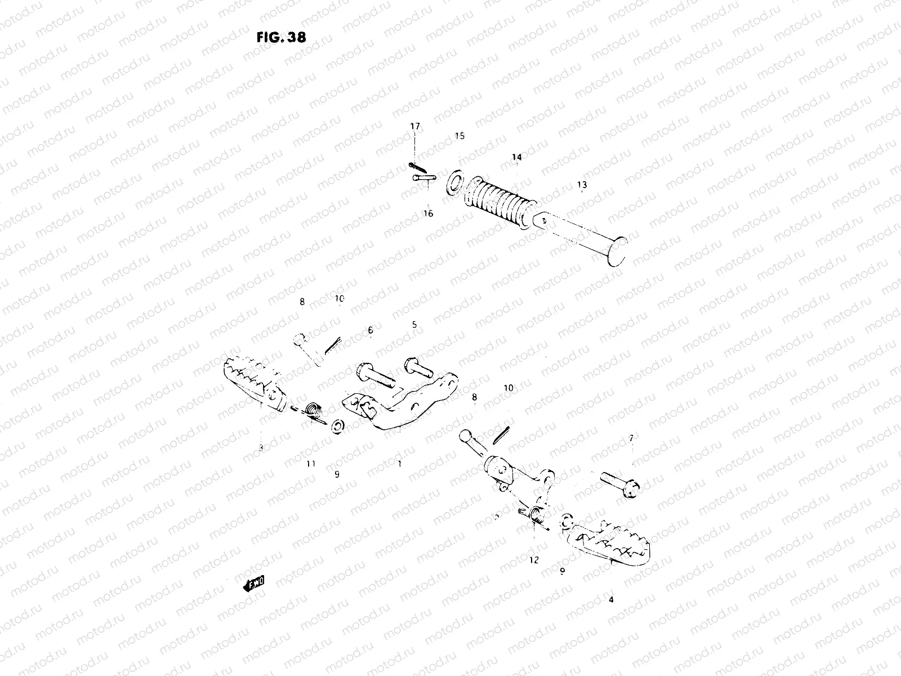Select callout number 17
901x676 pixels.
pyautogui.click(x=415, y=127)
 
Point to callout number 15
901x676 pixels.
pyautogui.click(x=460, y=136)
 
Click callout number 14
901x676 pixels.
pyautogui.click(x=516, y=157)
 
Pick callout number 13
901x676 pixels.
pyautogui.click(x=582, y=184)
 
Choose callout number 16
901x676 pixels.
pyautogui.click(x=429, y=214)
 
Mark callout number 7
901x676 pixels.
pyautogui.click(x=631, y=438)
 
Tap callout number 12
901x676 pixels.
pyautogui.click(x=534, y=560)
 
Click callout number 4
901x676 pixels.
pyautogui.click(x=611, y=600)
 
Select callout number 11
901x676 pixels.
pyautogui.click(x=311, y=464)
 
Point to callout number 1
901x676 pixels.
pyautogui.click(x=399, y=464)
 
